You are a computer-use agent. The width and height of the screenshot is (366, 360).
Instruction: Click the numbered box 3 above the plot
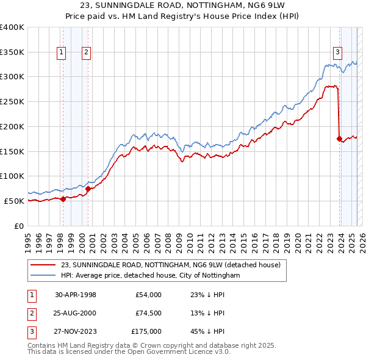[x=337, y=52]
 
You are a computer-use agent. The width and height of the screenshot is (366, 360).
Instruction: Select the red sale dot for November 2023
[x=339, y=139]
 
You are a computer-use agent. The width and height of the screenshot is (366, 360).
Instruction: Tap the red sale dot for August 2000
[x=88, y=189]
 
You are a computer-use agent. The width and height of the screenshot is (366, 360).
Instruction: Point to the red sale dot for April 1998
[x=63, y=198]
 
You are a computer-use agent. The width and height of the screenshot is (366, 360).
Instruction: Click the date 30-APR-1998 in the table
[x=76, y=295]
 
